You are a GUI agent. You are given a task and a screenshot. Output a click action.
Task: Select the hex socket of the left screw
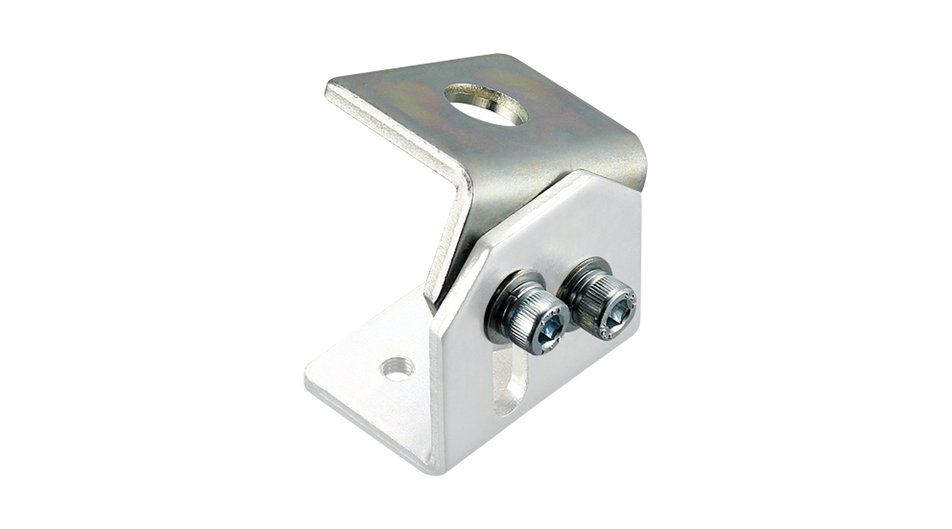(x=550, y=332)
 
